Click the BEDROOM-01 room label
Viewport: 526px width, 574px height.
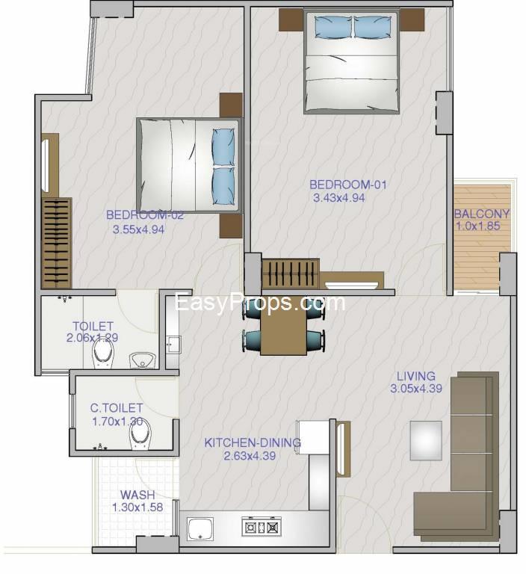347,185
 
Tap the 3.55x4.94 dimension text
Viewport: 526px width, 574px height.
138,229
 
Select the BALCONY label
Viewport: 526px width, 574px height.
482,214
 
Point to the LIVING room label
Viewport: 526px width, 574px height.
416,376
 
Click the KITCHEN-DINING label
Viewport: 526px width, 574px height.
253,442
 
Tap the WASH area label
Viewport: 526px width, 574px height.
137,495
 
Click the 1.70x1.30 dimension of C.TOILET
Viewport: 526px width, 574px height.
117,422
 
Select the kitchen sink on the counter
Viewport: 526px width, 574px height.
200,528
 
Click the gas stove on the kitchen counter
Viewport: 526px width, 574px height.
262,527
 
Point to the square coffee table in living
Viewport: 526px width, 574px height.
426,440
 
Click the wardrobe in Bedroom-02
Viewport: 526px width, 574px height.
57,243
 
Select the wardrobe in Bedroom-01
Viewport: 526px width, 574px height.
291,274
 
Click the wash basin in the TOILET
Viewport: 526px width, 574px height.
143,360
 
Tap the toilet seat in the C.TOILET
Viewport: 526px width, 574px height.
141,435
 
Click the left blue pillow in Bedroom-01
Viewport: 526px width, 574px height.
333,27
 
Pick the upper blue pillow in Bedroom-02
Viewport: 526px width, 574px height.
223,146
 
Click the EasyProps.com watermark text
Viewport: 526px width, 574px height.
260,303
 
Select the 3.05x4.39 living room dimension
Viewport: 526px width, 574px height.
416,389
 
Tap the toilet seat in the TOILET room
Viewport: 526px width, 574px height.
104,354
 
